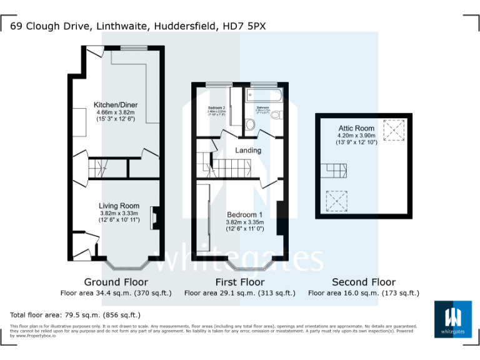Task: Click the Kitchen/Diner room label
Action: (116, 104)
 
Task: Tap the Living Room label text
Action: (119, 206)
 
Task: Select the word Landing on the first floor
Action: (248, 150)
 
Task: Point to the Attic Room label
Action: (356, 127)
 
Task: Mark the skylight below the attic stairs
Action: (336, 202)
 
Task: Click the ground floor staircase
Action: (99, 168)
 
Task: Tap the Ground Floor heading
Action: (116, 282)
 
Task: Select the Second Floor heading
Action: (363, 282)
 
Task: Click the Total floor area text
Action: (76, 314)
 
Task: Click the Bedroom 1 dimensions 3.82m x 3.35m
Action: (244, 222)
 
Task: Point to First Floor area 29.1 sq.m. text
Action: (241, 292)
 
